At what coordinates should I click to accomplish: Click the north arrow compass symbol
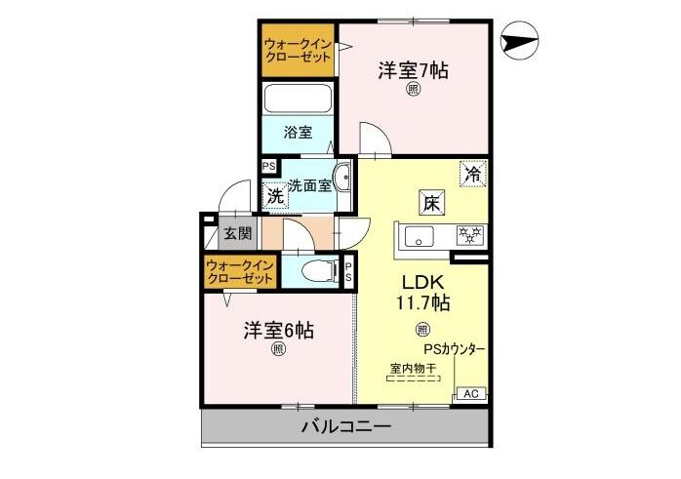[x=519, y=40]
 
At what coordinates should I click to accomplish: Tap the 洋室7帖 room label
[x=413, y=70]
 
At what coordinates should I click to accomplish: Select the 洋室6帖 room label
[x=278, y=331]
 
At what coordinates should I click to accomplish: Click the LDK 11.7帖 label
[x=422, y=293]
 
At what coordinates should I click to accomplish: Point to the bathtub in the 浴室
[x=298, y=99]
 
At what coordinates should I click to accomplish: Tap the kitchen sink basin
[x=419, y=237]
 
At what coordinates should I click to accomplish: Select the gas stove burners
[x=470, y=235]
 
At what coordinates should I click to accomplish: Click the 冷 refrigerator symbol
[x=473, y=175]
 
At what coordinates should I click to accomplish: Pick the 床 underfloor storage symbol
[x=431, y=202]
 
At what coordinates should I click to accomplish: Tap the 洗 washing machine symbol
[x=275, y=196]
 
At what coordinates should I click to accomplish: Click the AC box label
[x=471, y=394]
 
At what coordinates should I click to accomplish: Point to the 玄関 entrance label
[x=237, y=233]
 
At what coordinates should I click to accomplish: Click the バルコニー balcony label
[x=346, y=426]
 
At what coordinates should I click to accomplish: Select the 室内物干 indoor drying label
[x=413, y=368]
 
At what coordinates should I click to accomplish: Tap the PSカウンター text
[x=455, y=348]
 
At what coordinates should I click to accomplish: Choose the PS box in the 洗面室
[x=269, y=166]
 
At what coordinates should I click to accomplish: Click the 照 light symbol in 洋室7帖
[x=413, y=90]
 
